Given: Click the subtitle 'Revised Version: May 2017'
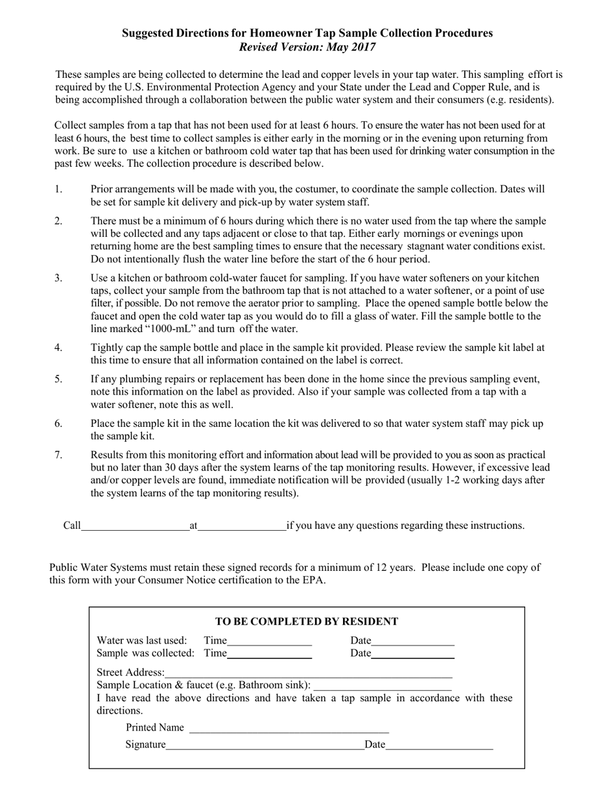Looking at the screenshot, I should pos(307,47).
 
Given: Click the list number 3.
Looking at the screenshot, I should pos(58,278).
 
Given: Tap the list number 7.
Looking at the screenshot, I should pos(58,455).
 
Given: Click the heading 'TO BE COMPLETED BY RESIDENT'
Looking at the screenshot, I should pos(307,622).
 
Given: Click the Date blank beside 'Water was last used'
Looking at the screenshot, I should pos(413,642).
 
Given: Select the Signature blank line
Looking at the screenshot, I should pos(265,746).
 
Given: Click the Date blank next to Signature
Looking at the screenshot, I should pos(439,746).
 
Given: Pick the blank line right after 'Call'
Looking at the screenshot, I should pos(135,527).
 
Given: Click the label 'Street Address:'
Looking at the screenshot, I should pos(130,672).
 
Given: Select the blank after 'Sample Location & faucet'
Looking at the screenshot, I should pos(383,686).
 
